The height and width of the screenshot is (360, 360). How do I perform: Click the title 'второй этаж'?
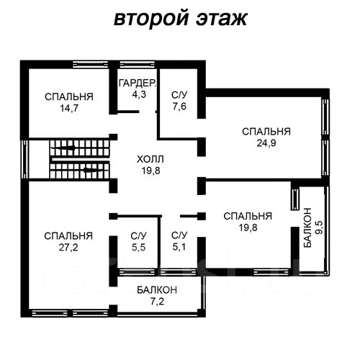(x=181, y=19)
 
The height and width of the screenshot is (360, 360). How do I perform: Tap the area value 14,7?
(x=69, y=108)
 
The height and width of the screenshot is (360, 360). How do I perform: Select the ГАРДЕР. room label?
(x=138, y=83)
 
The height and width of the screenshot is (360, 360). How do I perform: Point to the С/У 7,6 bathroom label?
(x=179, y=101)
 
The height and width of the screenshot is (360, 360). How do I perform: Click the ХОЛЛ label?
(x=150, y=159)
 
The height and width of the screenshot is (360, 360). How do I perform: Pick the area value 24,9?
(x=266, y=143)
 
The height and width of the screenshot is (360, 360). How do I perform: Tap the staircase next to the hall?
(x=80, y=159)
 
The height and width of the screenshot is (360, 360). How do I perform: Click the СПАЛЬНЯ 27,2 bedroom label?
(x=68, y=242)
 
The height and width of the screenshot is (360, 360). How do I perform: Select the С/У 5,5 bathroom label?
(x=138, y=242)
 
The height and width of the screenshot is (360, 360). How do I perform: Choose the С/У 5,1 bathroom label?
(x=179, y=241)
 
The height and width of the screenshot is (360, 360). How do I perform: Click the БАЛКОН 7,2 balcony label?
(x=157, y=296)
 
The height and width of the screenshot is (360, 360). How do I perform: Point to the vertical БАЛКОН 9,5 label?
(x=313, y=228)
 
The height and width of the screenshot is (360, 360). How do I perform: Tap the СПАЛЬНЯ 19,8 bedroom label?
(x=248, y=222)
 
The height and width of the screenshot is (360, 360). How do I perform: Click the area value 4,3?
(x=139, y=94)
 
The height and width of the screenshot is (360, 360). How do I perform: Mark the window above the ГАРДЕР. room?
(x=138, y=65)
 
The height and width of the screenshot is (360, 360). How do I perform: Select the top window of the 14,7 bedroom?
(x=91, y=65)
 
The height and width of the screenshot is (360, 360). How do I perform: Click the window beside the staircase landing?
(x=24, y=159)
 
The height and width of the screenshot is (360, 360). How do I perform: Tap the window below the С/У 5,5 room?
(x=138, y=272)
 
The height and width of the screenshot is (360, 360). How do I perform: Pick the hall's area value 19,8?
(x=150, y=171)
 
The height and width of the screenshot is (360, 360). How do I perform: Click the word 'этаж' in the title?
(x=222, y=19)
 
